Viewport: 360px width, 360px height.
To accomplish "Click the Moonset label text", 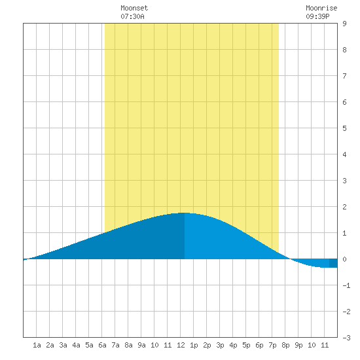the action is (x=134, y=8).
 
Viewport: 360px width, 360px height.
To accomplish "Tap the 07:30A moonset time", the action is (x=132, y=16).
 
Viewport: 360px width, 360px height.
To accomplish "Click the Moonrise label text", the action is (x=321, y=8).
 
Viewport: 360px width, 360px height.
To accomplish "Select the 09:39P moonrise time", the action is (x=317, y=16).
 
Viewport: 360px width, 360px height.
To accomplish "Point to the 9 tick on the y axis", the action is (x=344, y=24).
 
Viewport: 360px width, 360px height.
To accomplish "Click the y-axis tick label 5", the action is (x=344, y=128).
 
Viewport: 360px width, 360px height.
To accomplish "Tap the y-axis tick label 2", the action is (x=344, y=207).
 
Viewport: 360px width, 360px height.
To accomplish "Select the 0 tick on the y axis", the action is (x=344, y=259).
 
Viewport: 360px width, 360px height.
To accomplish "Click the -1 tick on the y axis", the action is (x=346, y=285).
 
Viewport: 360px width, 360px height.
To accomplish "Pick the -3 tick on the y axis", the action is (x=346, y=338).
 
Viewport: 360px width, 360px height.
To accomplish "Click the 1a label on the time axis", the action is (x=37, y=345).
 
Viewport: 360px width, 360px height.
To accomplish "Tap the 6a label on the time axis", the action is (x=102, y=345).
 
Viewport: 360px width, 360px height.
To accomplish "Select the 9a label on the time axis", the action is (x=141, y=345).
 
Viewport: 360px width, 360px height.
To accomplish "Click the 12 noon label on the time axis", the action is (x=181, y=345).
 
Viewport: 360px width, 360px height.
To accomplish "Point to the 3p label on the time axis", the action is (x=220, y=345).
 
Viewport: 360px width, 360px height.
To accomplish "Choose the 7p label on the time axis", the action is (x=272, y=345).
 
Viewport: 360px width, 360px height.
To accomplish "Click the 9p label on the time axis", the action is (x=298, y=345).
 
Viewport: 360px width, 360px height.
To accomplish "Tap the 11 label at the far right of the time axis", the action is (x=325, y=345).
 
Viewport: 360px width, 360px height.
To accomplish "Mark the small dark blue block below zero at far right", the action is (x=333, y=263).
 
